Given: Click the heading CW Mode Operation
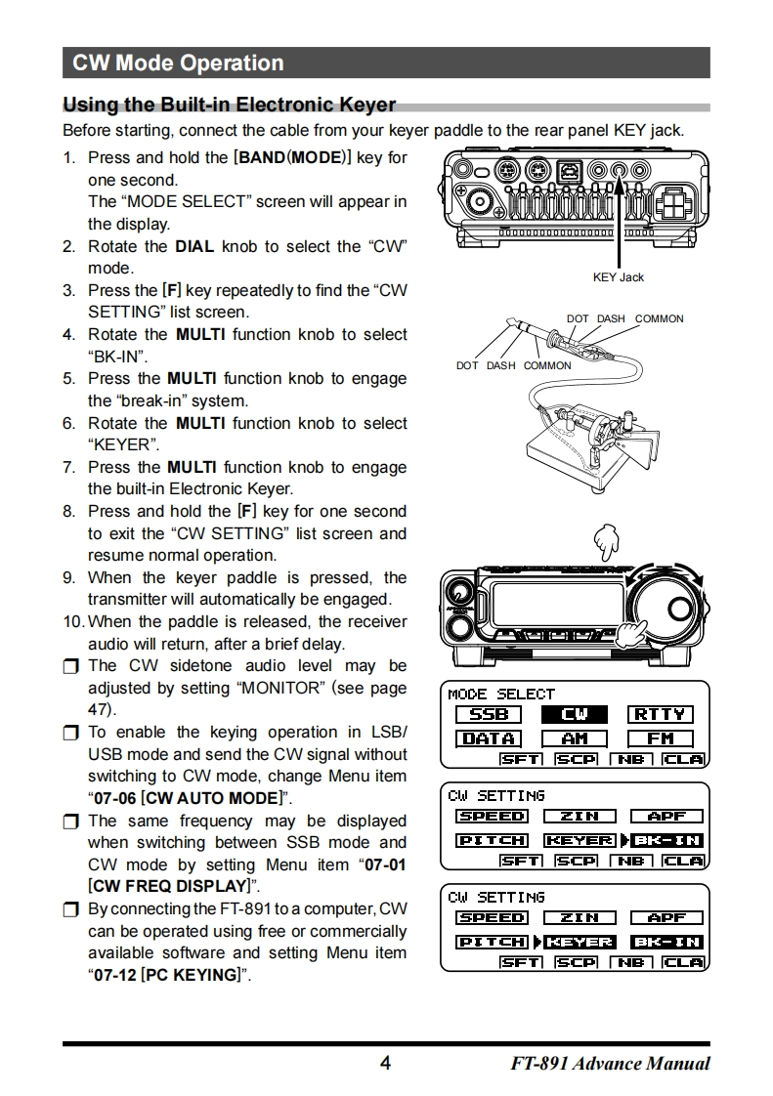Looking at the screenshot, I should point(178,63).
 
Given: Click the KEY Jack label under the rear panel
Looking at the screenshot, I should point(619,277).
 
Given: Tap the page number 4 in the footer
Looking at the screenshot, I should point(385,1063).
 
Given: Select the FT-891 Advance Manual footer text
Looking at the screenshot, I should point(610,1063).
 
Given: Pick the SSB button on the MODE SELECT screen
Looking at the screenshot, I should point(489,715).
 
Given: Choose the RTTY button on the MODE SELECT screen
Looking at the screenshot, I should point(660,715).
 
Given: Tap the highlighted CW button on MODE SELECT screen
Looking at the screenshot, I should point(575,715).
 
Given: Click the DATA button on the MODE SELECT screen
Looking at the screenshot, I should point(489,738).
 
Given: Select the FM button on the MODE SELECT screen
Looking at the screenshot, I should point(660,738).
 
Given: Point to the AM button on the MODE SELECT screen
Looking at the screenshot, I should point(575,738).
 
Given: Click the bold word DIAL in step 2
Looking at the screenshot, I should point(194,247).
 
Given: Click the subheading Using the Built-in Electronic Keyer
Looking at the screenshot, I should point(230,105).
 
